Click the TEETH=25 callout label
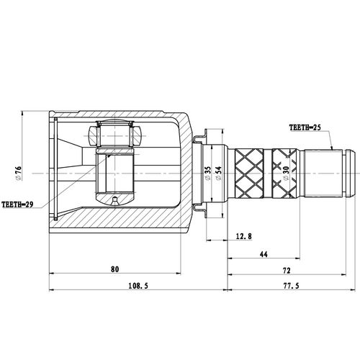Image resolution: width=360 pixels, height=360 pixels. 305,127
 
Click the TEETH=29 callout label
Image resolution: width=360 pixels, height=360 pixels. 17,204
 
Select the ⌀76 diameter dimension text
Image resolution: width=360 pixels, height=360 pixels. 19,174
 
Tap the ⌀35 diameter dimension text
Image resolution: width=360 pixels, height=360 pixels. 208,174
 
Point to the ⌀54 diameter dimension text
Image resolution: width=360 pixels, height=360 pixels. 218,174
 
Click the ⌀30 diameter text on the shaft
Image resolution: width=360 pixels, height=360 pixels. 286,174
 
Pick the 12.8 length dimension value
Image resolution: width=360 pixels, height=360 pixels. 244,236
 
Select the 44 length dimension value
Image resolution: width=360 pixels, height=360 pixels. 264,254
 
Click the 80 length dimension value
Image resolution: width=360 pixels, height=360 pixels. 114,269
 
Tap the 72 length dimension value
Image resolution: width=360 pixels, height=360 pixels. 287,271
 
